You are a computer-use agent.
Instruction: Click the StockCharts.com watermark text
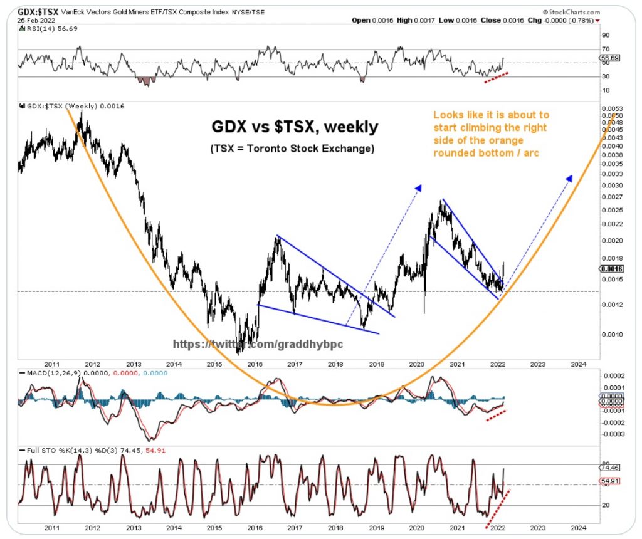point(572,11)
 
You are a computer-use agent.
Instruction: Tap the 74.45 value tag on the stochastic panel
point(609,467)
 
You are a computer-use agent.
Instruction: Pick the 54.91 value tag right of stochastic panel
point(609,482)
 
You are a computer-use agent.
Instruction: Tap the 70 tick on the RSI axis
point(605,49)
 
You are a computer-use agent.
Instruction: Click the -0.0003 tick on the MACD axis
point(610,433)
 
